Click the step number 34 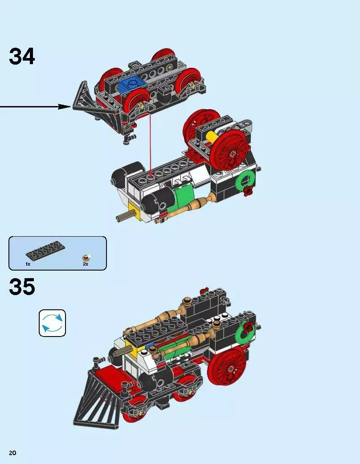point(22,57)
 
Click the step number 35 point(22,287)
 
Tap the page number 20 point(12,453)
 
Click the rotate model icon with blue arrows point(52,323)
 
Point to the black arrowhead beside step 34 point(65,107)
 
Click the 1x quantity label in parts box point(28,264)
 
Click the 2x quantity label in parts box point(86,264)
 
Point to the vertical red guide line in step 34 point(151,143)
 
